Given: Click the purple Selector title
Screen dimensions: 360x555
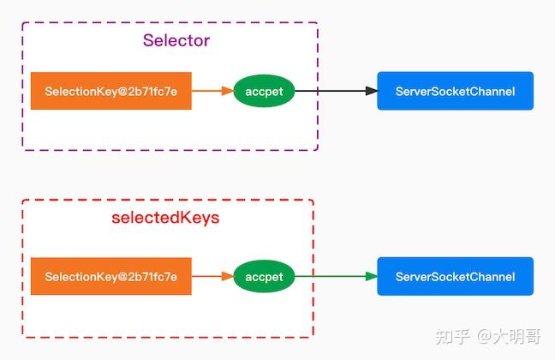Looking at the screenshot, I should coord(176,40).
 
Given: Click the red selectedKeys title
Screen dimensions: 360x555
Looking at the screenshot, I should coord(165,218).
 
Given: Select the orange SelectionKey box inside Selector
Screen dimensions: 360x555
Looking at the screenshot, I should coord(111,91).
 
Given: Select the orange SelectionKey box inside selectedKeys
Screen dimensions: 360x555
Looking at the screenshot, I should coord(111,277).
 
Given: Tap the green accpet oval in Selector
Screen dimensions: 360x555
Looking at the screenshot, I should coord(264,91).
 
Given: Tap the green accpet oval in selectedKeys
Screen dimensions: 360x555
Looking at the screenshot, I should coord(264,277).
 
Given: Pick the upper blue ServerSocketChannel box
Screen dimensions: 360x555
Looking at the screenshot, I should coord(455,91).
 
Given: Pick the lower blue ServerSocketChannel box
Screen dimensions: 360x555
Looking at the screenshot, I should coord(455,277).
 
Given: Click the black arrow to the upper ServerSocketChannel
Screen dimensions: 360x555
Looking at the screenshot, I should coord(334,91).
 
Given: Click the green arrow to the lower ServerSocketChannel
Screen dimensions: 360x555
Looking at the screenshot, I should coord(334,277).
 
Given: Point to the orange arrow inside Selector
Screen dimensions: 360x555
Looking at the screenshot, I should coord(211,91).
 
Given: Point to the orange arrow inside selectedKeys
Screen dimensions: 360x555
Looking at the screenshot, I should coord(211,277).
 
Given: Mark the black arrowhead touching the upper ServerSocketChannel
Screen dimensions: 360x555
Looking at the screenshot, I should coord(371,91).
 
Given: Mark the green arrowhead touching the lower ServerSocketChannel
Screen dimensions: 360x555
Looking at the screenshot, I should coord(371,277).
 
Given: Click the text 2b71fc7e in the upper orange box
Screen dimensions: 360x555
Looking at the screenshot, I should coord(152,91).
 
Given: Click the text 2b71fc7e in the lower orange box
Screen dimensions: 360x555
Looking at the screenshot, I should coord(152,277).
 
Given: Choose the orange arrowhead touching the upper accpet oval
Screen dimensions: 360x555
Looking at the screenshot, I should coord(228,91).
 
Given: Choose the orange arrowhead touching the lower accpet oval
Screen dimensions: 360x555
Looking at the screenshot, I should coord(228,277).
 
